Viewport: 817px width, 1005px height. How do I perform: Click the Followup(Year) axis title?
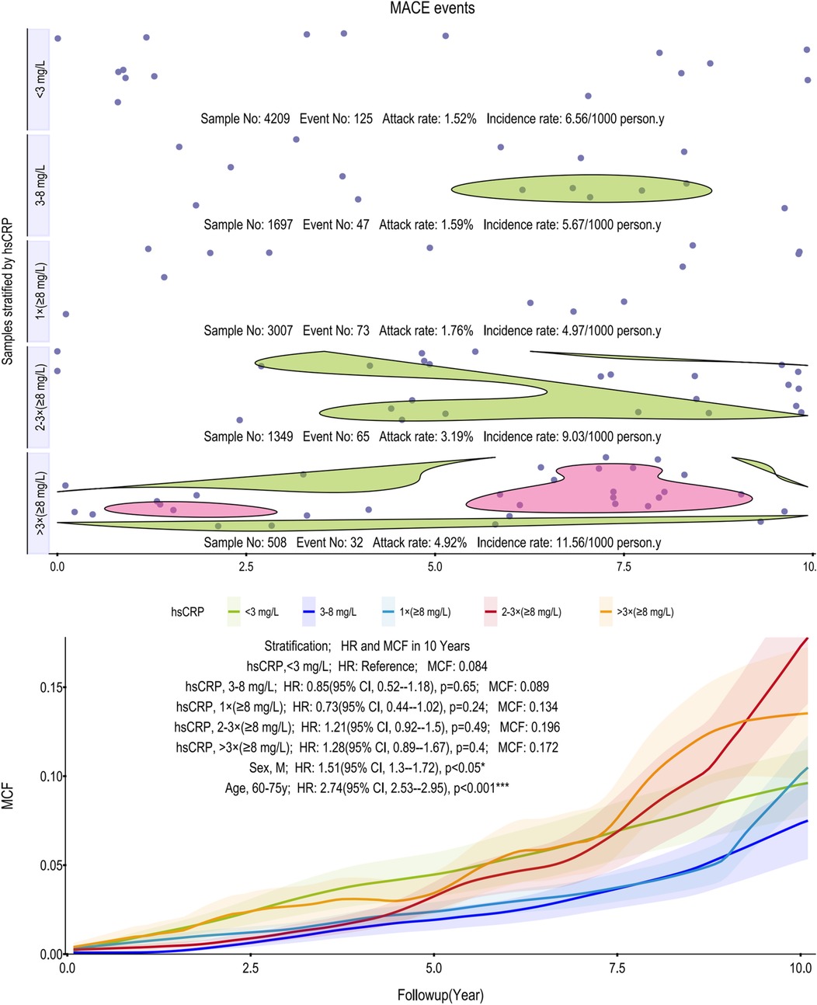pyautogui.click(x=440, y=995)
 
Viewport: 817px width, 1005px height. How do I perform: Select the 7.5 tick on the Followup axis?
pyautogui.click(x=617, y=968)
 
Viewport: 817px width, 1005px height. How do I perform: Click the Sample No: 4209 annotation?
pyautogui.click(x=245, y=120)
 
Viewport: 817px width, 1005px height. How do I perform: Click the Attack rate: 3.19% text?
pyautogui.click(x=426, y=436)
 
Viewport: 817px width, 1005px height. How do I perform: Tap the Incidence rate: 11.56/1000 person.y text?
pyautogui.click(x=570, y=543)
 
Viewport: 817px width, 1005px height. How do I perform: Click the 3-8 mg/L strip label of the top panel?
pyautogui.click(x=40, y=185)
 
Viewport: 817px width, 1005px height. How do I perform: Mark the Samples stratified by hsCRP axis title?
pyautogui.click(x=9, y=291)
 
